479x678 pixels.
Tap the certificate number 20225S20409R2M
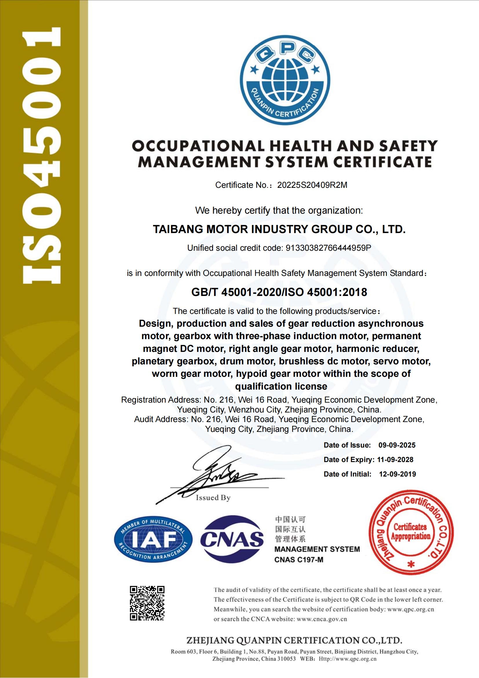coord(312,185)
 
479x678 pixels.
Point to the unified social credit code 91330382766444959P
coord(328,248)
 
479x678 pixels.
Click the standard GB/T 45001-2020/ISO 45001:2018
coord(279,292)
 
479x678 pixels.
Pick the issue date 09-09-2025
coord(397,445)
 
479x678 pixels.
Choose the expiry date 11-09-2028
coord(395,459)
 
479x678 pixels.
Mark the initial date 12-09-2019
coord(397,474)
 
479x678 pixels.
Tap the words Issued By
coord(213,498)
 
